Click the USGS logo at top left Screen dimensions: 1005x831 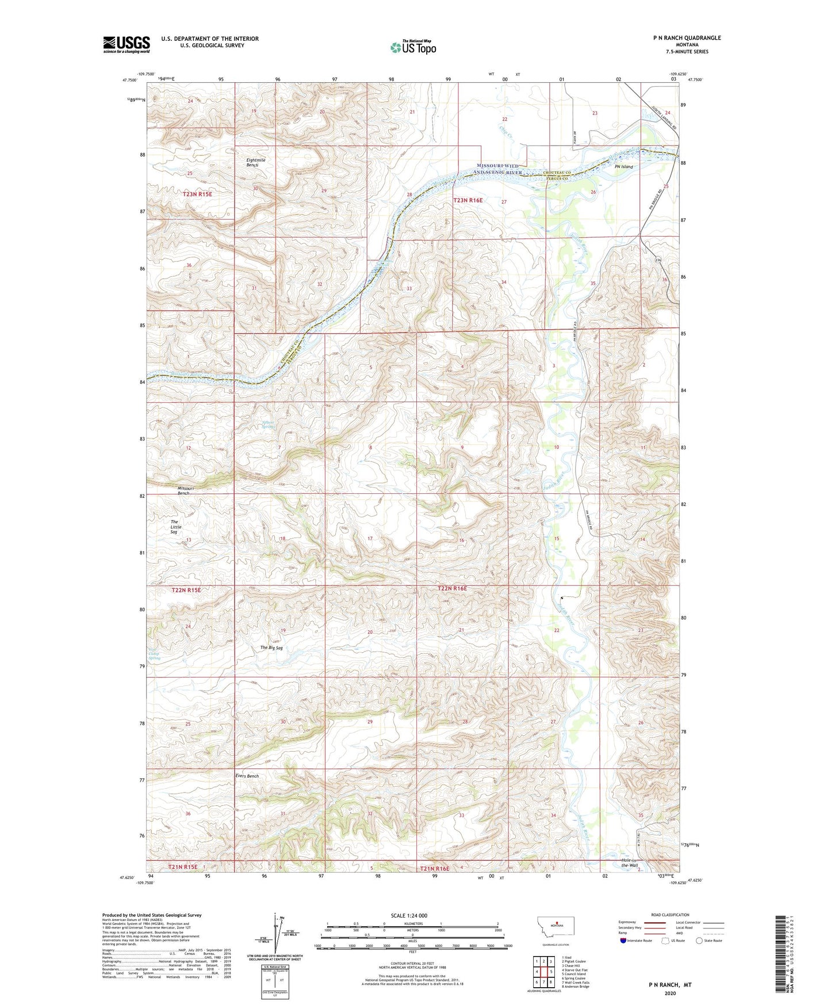126,44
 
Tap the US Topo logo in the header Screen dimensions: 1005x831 412,47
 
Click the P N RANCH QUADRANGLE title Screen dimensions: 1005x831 687,38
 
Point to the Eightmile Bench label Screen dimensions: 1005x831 252,162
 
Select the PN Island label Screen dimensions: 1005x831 623,167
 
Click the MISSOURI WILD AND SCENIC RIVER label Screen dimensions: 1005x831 499,169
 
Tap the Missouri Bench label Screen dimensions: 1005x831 185,490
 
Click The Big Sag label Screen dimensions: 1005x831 271,648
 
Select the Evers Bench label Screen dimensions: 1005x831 247,776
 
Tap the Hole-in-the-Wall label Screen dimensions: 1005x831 630,863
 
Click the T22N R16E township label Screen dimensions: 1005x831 452,589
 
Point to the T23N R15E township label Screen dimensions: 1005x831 197,195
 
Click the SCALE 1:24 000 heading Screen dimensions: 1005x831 409,915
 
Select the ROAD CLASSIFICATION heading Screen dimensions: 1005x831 670,915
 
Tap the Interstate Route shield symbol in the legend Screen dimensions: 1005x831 624,941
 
